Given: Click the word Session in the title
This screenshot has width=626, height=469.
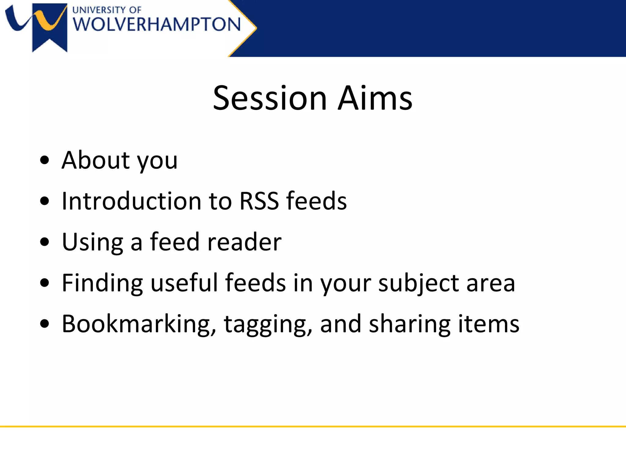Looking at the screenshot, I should point(270,98).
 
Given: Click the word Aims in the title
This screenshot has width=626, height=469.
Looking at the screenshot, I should point(375,98).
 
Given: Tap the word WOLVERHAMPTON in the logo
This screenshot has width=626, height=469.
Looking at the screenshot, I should point(157,24).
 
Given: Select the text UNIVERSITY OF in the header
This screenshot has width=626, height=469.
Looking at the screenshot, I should point(107,10).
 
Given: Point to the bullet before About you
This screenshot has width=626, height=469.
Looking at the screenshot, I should point(45,160).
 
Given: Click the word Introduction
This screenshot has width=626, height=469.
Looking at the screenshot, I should point(131,201).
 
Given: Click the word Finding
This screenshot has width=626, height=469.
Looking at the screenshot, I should point(102,283).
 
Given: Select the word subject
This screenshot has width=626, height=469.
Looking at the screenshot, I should point(418,283).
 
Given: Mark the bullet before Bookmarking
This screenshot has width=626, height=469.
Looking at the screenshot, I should point(45,324).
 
